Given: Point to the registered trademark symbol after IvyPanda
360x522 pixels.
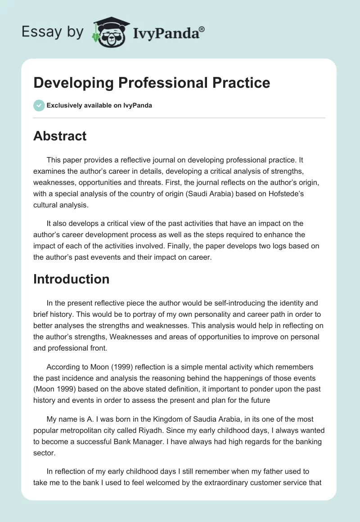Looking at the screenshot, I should coord(202,28).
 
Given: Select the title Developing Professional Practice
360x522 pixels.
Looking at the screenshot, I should coord(152,83).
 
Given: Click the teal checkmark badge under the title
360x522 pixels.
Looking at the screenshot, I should coord(39,106).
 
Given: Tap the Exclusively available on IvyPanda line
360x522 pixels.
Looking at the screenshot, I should coord(99,106).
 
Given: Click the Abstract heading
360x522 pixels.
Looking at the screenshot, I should coord(60,136).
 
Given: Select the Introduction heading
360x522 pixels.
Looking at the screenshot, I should coord(71,279).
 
